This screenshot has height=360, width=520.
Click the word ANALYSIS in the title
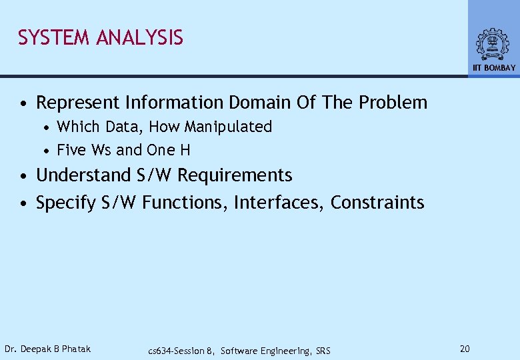coord(139,38)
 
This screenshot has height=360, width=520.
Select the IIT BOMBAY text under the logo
coord(494,68)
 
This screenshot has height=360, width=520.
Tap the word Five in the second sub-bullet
coord(71,150)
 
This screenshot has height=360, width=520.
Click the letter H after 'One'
coord(185,150)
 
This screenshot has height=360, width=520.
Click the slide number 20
coord(466,349)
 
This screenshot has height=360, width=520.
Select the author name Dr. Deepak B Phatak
coord(47,349)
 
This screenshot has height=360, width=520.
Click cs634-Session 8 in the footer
coord(181,351)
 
